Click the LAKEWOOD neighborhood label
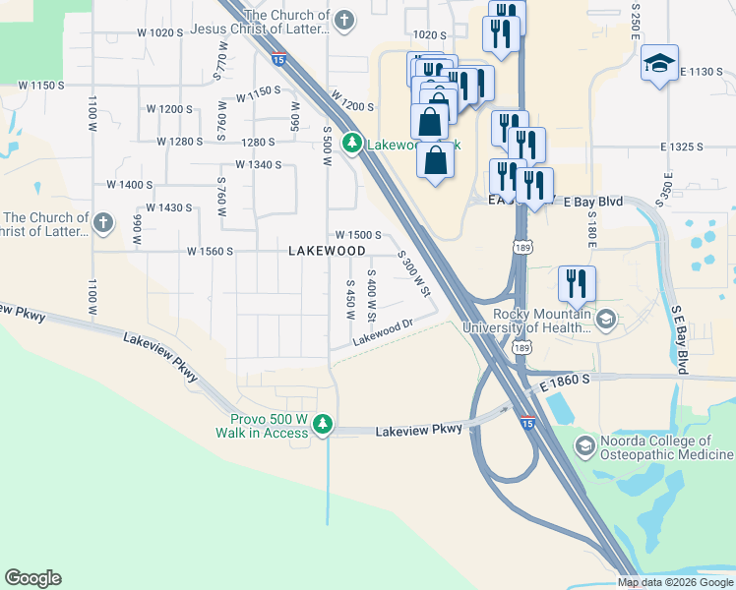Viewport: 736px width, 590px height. click(327, 251)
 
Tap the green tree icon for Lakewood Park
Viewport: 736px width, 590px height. click(352, 145)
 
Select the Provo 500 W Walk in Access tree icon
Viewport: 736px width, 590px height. click(323, 426)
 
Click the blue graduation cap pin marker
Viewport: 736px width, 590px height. click(658, 65)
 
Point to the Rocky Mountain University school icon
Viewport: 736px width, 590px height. click(607, 319)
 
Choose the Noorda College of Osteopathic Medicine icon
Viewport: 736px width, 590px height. click(584, 447)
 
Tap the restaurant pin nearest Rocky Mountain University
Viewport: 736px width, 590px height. click(577, 283)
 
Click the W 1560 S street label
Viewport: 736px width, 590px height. click(210, 251)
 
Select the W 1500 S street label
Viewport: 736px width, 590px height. click(357, 235)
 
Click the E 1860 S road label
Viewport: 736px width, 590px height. click(565, 379)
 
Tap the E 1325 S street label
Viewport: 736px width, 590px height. click(683, 147)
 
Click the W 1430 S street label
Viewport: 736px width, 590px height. click(168, 207)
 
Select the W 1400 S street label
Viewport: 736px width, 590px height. click(130, 184)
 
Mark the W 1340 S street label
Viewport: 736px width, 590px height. click(258, 165)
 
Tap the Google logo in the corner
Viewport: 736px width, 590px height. click(32, 578)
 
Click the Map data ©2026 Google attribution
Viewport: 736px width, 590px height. click(675, 582)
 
